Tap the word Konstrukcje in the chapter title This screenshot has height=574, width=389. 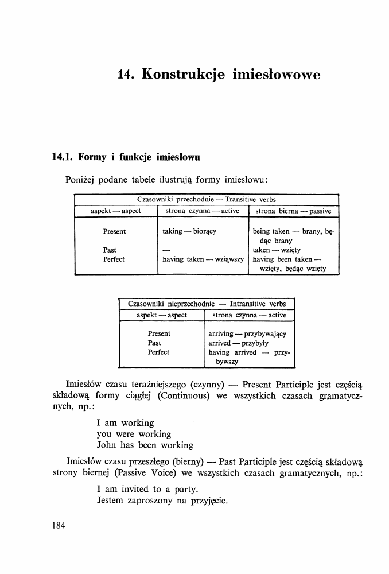pos(181,75)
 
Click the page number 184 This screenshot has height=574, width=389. pos(59,525)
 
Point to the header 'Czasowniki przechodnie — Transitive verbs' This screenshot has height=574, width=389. pos(207,200)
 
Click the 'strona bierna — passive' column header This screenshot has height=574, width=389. pos(293,211)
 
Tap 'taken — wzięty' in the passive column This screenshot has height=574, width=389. pos(277,250)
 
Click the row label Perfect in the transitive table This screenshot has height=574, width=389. pos(114,259)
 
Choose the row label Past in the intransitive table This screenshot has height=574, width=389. pos(154,343)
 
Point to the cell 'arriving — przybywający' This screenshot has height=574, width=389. pos(247,334)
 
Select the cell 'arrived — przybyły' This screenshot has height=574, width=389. pos(235,343)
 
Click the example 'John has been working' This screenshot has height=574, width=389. pos(145,445)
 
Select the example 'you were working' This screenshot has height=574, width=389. pos(134,434)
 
